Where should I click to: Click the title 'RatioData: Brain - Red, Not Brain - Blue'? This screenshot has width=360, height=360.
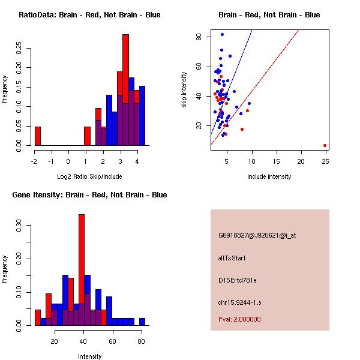89,14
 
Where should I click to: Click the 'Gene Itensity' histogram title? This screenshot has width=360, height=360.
89,194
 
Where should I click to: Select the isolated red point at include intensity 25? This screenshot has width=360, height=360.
325,145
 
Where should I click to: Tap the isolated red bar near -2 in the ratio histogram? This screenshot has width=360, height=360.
38,136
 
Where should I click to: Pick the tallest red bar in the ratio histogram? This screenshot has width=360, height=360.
125,90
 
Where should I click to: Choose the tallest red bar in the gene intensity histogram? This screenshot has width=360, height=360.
82,270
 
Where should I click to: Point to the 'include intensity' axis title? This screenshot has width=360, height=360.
269,176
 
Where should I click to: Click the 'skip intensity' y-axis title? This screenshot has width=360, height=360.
184,90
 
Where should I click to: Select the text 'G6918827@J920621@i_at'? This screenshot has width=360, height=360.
257,235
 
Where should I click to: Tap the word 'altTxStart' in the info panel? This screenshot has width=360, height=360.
232,258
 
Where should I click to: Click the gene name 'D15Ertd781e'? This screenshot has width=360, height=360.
238,280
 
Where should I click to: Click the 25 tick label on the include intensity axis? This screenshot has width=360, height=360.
325,161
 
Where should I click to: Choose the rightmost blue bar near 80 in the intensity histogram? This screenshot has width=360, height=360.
142,322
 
